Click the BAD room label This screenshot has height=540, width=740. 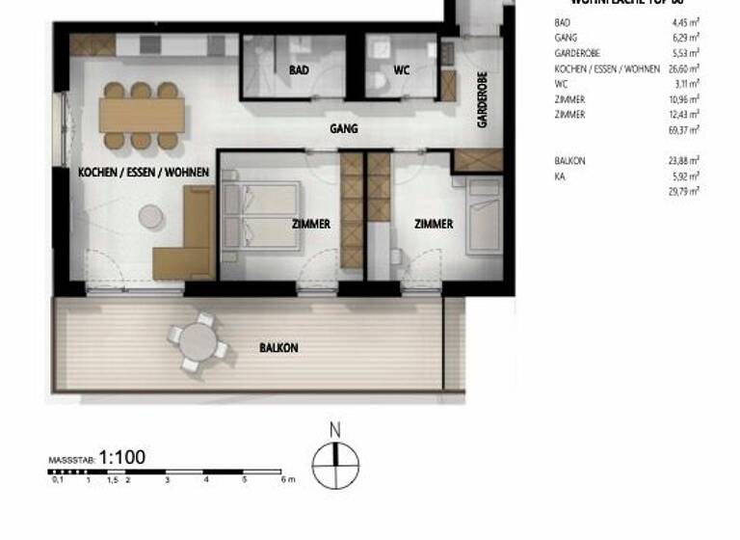tap(298, 70)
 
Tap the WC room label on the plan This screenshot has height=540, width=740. tap(402, 70)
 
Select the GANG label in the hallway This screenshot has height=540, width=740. tap(343, 127)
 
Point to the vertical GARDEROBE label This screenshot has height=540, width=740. tap(482, 99)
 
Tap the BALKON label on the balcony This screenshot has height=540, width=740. tap(278, 347)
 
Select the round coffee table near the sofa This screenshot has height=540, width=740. tap(151, 217)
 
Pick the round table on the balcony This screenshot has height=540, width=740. tap(198, 340)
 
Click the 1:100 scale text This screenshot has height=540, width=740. tap(122, 457)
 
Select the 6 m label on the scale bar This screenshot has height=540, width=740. tap(286, 479)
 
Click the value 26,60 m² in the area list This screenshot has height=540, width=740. tap(684, 68)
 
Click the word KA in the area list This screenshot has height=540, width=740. tap(560, 176)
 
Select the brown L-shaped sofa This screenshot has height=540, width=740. tap(188, 236)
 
